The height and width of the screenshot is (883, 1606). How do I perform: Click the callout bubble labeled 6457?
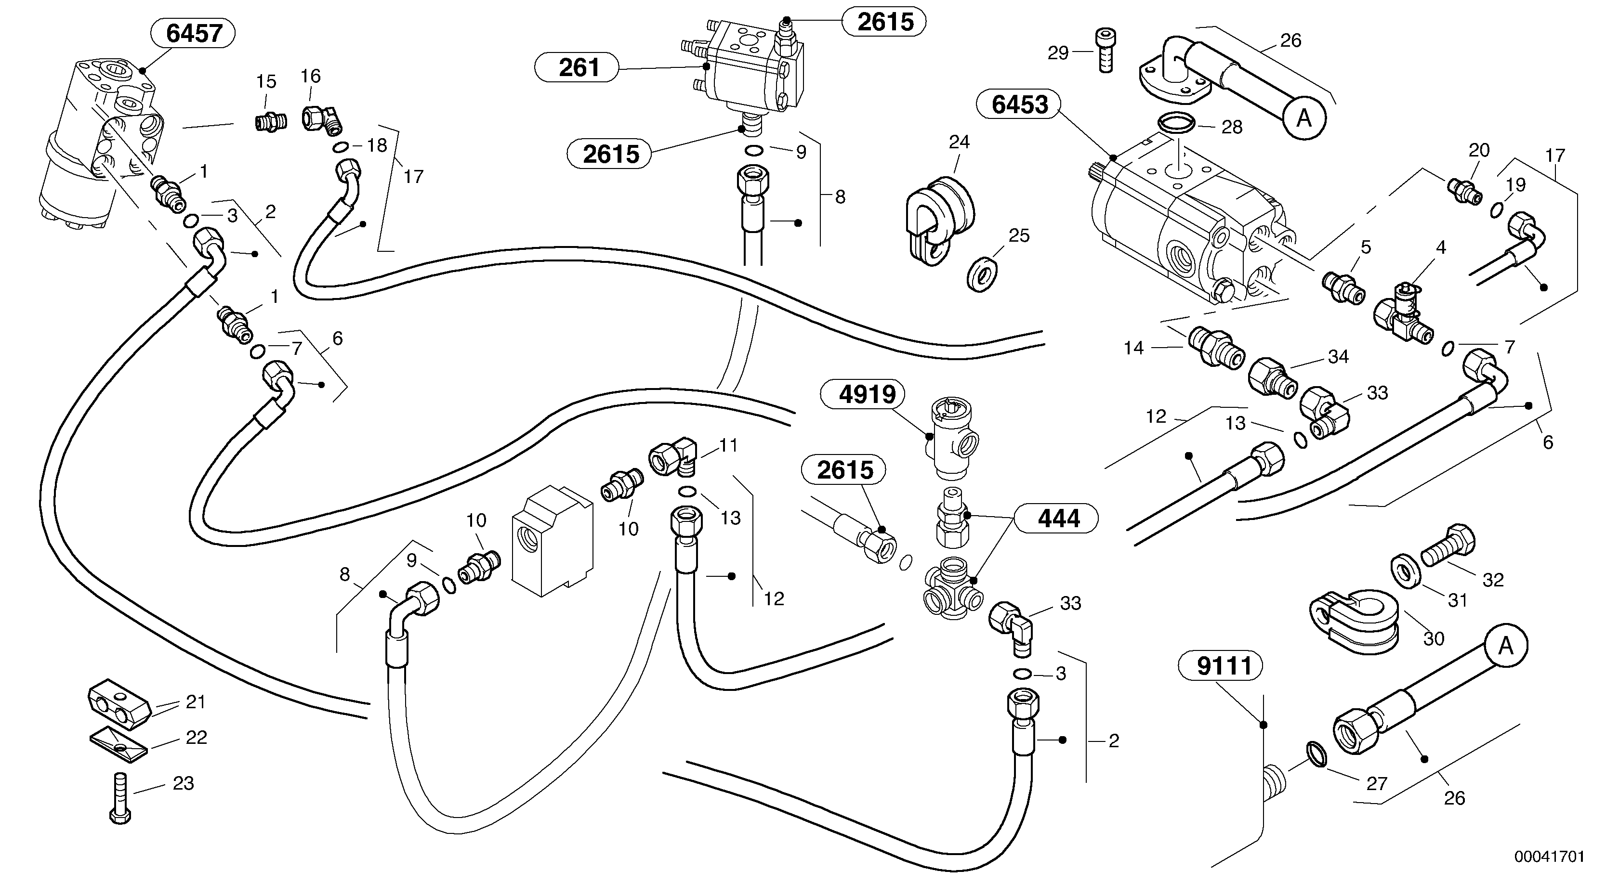193,33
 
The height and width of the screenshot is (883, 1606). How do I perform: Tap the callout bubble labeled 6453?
1020,104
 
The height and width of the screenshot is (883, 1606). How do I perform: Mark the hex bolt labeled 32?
1447,548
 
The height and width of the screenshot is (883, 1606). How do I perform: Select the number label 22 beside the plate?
197,738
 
